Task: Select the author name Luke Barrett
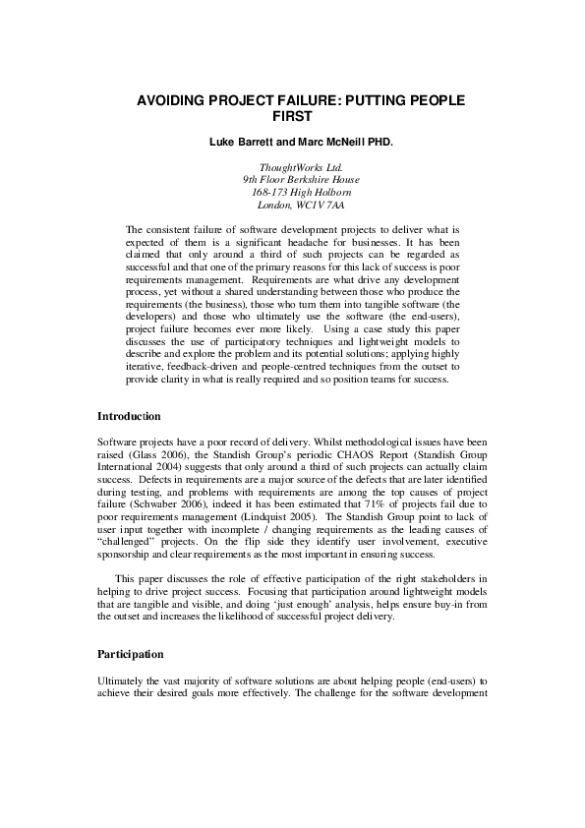241,143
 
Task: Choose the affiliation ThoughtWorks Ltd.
292,168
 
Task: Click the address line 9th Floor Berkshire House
292,180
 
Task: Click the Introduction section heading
134,417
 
